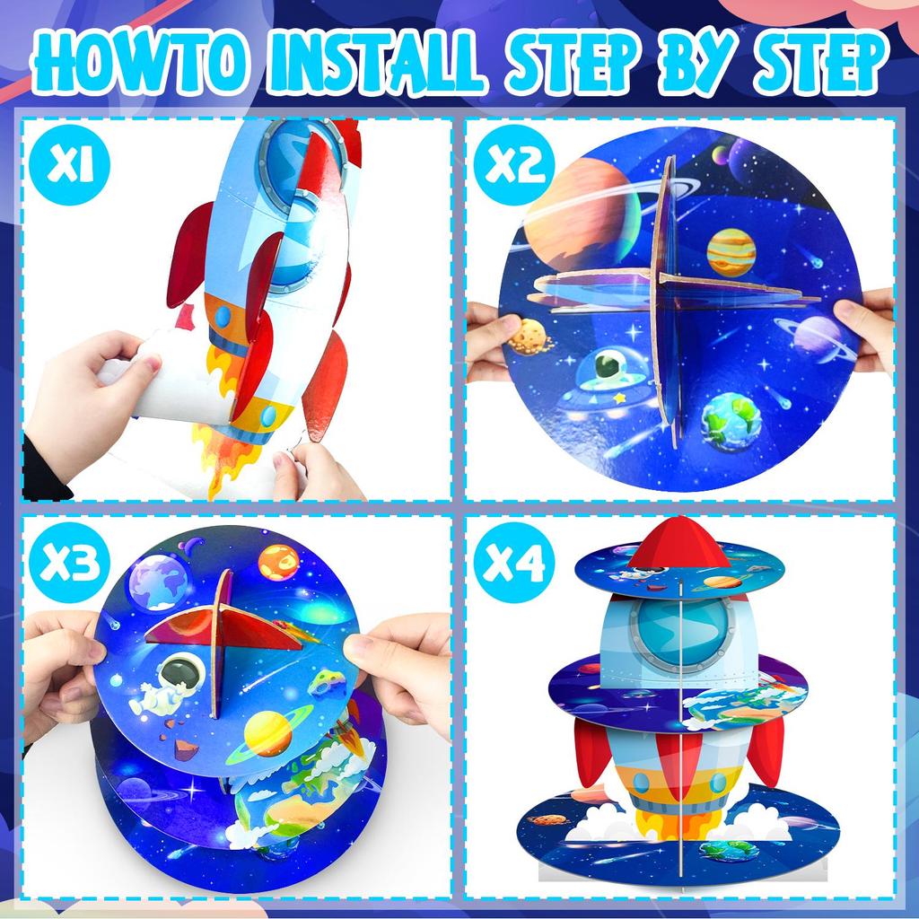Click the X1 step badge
click(x=69, y=168)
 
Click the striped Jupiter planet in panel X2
click(x=731, y=251)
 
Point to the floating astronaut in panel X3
click(x=171, y=683)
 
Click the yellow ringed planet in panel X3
click(x=268, y=731)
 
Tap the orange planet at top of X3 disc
click(x=278, y=562)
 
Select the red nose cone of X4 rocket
click(x=679, y=543)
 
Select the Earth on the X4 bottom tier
click(x=728, y=849)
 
